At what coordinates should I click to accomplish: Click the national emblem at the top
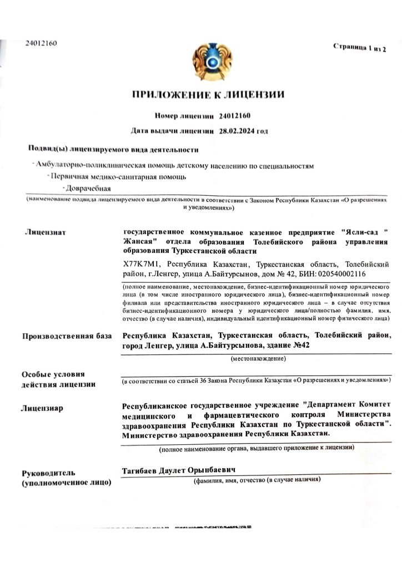209,65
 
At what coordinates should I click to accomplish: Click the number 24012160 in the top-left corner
41,43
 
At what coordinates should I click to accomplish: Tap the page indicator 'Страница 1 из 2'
359,47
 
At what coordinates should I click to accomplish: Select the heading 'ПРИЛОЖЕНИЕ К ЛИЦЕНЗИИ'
208,94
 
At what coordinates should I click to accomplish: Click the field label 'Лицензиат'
46,232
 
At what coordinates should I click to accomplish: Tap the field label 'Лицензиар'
42,408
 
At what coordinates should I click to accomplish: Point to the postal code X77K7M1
141,265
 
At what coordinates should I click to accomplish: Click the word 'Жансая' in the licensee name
138,242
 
